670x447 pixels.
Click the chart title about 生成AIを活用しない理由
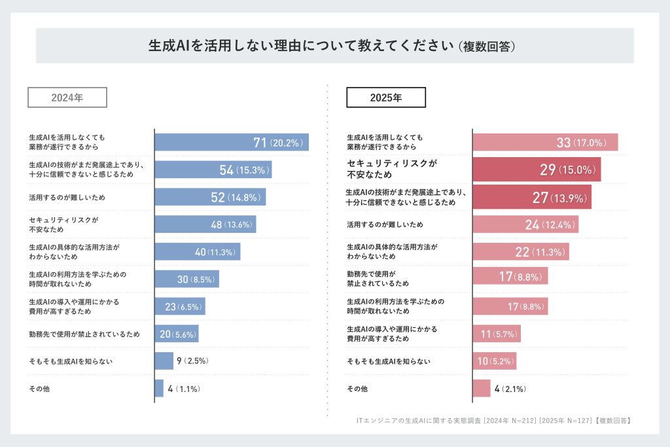334,46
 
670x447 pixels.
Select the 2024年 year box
67,98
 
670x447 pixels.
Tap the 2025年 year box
386,98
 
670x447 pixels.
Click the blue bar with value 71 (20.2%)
232,143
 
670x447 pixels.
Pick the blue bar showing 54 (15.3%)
213,170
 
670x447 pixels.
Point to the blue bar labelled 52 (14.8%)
210,197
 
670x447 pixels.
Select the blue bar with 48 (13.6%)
205,224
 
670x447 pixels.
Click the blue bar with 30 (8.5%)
187,279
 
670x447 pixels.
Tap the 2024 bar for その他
159,388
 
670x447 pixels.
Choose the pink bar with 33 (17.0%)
545,143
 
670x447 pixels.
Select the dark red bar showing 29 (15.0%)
537,170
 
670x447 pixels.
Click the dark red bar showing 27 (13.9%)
532,197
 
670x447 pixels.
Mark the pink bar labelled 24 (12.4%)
525,224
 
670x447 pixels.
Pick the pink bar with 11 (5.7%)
497,334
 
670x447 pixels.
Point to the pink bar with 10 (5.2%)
495,361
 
